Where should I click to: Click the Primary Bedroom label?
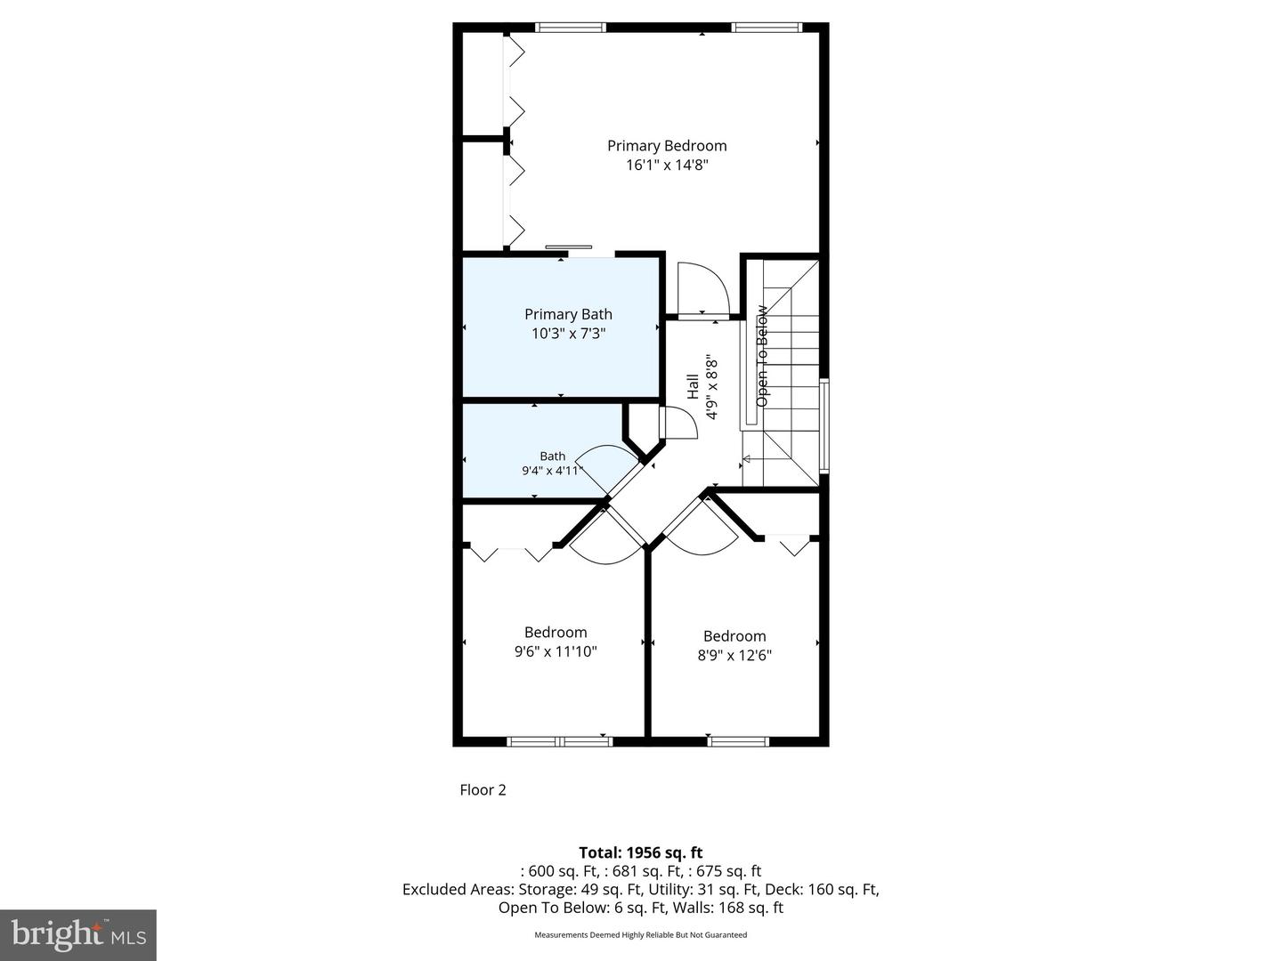coord(667,146)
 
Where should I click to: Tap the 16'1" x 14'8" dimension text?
coord(667,166)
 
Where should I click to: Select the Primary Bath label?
coord(568,314)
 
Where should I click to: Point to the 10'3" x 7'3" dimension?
coord(568,334)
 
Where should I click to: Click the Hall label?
coord(693,386)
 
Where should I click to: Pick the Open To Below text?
coord(762,357)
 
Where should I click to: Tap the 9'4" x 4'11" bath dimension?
coord(552,471)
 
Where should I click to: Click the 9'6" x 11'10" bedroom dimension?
coord(556,652)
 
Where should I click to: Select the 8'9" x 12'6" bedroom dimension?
coord(734,656)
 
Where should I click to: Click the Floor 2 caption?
coord(483,790)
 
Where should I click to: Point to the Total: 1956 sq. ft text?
coord(641,853)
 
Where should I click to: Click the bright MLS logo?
coord(78,934)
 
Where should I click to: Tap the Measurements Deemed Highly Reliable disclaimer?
coord(640,935)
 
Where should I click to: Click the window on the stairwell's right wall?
coord(824,425)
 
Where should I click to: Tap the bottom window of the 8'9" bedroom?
coord(738,740)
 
